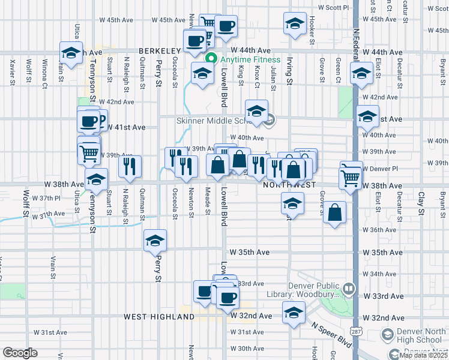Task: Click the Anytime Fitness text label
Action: [x=250, y=59]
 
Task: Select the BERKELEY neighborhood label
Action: [x=160, y=52]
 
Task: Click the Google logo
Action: [x=20, y=353]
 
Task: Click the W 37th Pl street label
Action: [x=47, y=197]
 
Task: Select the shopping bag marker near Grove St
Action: [x=335, y=213]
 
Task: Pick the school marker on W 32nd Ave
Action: [x=293, y=314]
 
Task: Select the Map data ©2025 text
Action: [x=423, y=355]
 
